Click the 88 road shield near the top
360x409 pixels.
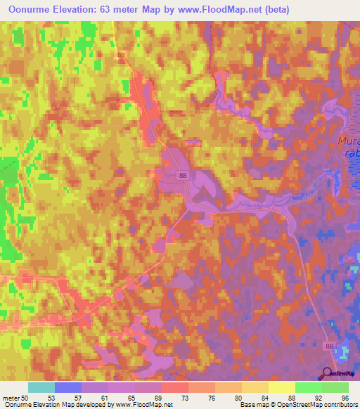[122, 55]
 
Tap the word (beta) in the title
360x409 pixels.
[274, 9]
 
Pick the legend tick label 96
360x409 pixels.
[345, 398]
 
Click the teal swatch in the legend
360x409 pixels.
[41, 387]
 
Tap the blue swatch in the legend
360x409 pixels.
[67, 387]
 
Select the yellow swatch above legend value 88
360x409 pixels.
[281, 387]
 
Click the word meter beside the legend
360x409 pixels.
[12, 398]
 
